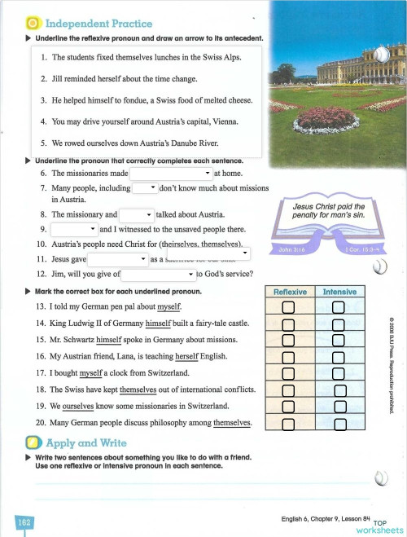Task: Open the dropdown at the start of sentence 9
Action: (x=74, y=229)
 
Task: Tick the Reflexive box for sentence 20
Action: (x=287, y=423)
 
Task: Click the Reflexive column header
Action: (x=289, y=292)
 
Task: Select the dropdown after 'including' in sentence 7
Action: (x=143, y=187)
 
